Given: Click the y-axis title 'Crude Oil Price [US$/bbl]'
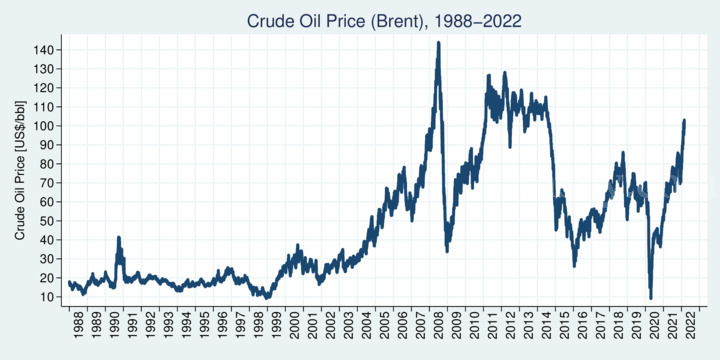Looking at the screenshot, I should click(x=20, y=172).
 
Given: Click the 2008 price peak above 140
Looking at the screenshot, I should click(x=438, y=43).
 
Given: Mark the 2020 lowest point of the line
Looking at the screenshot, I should click(x=650, y=297).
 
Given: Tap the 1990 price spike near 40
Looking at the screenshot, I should click(x=119, y=238).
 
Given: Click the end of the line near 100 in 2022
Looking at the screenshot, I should click(x=684, y=120).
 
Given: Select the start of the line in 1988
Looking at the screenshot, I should click(x=69, y=283).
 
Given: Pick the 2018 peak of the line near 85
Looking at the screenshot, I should click(x=622, y=153).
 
